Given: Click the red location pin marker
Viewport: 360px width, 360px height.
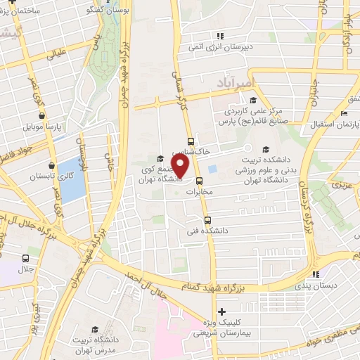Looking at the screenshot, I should click(x=181, y=166).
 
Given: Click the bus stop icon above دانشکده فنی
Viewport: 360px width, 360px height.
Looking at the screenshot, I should click(x=207, y=218).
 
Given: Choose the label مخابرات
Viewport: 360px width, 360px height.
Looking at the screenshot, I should click(x=208, y=190).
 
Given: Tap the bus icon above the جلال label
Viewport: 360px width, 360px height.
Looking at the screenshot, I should click(x=25, y=257).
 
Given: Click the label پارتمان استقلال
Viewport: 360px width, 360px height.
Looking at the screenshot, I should click(x=337, y=124).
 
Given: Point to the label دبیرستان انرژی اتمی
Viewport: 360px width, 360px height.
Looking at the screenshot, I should click(x=219, y=47).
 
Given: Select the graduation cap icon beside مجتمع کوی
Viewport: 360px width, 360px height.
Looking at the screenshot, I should click(x=160, y=157).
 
